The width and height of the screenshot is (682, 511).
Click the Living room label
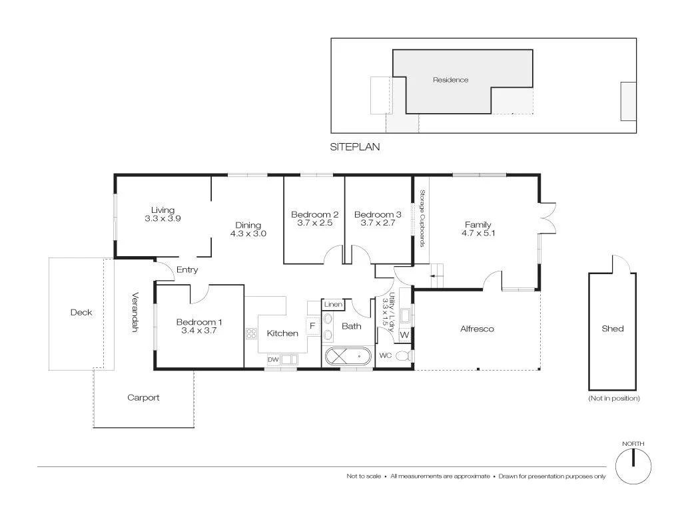(163, 210)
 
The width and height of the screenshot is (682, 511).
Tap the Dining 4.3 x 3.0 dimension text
(248, 234)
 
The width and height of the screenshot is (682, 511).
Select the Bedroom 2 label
(314, 215)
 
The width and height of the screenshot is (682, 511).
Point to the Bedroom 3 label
(378, 215)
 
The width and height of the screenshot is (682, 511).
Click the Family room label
(478, 225)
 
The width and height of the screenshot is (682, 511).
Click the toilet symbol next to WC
(402, 356)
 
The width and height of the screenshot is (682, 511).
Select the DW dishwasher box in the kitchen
(272, 360)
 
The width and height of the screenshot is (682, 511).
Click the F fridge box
(312, 326)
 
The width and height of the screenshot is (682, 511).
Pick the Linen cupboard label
(333, 305)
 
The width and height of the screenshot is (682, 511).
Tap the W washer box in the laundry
(404, 335)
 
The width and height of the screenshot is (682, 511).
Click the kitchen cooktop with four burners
(252, 334)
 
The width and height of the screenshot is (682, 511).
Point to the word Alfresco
(477, 329)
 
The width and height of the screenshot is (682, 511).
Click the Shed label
(612, 329)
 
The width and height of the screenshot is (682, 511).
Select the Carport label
(143, 398)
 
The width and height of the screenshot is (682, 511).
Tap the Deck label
(81, 313)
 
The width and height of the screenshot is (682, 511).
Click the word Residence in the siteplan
(450, 80)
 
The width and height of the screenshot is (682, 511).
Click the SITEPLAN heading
(355, 147)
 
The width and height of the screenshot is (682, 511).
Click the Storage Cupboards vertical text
(422, 218)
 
